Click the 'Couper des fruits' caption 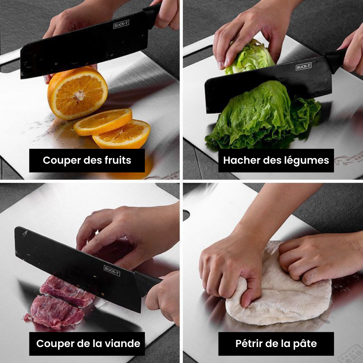[87, 160]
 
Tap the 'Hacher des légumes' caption [276, 160]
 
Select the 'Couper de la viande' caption [88, 343]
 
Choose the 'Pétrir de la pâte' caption [276, 343]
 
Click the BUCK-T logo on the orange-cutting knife [121, 25]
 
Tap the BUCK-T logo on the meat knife [112, 270]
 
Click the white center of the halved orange [79, 95]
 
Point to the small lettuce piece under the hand [250, 58]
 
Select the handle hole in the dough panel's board [187, 215]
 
